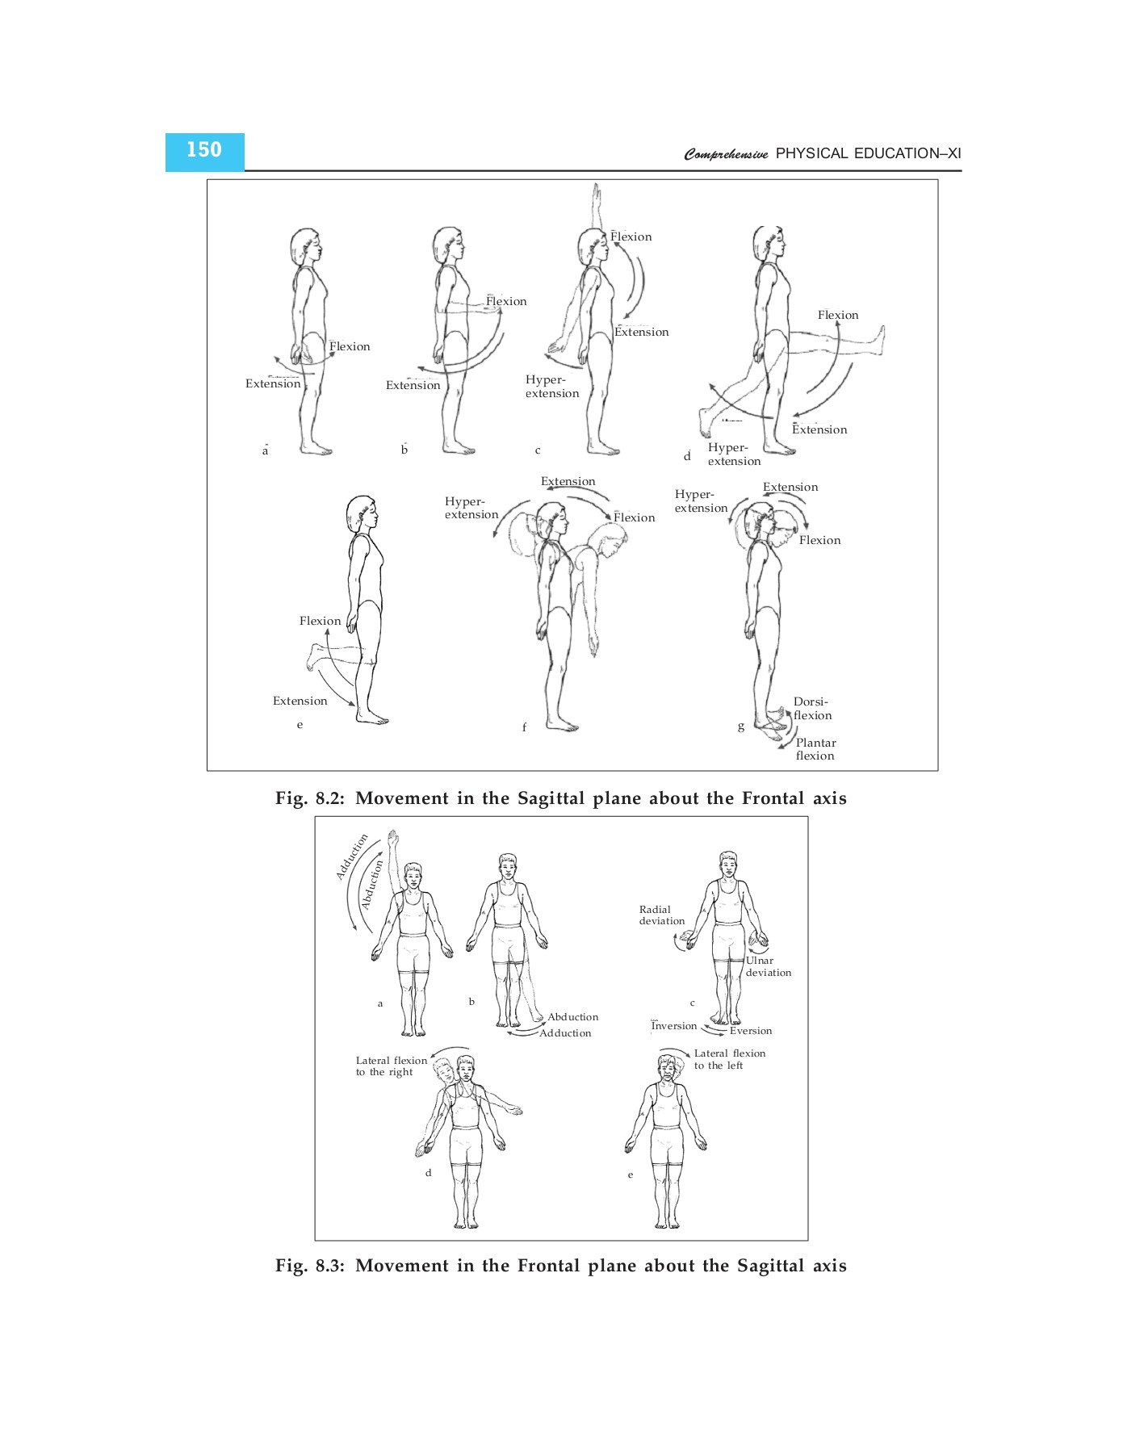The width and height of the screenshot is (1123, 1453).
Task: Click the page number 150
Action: pos(203,151)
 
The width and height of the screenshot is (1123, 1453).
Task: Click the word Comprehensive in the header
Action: pos(726,154)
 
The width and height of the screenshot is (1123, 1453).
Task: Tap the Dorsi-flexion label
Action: pos(811,709)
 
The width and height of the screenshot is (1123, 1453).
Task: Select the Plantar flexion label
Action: pos(815,749)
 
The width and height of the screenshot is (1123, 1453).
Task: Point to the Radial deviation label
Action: pos(661,915)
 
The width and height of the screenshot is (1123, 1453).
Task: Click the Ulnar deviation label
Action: pos(768,966)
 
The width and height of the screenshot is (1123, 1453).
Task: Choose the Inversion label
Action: pos(674,1026)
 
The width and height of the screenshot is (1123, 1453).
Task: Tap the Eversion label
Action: pos(751,1031)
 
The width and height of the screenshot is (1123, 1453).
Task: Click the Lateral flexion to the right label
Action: pos(391,1066)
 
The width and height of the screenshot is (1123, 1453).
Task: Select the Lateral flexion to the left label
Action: pos(729,1059)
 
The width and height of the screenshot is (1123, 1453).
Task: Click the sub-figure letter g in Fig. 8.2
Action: pos(741,726)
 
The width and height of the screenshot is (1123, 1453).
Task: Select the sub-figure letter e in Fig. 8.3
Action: pos(631,1175)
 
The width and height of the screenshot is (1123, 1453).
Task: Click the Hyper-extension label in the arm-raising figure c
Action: pos(552,387)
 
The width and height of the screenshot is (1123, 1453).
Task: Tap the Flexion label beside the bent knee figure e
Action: pos(320,621)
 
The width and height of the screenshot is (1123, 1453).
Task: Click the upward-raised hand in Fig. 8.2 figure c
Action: pos(596,194)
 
